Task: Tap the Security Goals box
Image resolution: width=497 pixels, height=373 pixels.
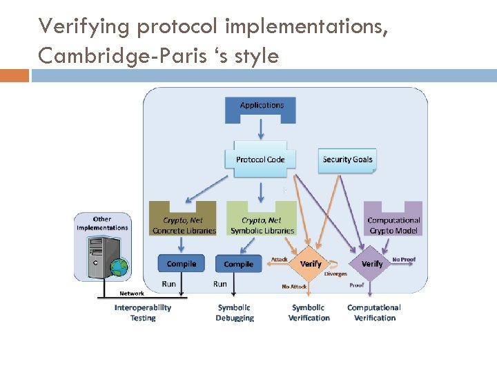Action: (x=347, y=159)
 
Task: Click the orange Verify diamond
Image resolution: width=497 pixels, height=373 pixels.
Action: (x=311, y=264)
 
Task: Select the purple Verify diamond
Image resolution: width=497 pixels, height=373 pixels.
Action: (x=372, y=264)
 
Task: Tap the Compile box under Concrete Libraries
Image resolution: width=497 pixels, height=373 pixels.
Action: (x=182, y=263)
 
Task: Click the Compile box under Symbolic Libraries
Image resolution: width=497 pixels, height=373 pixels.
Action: (x=239, y=264)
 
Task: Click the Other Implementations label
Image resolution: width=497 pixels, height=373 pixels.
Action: (x=102, y=223)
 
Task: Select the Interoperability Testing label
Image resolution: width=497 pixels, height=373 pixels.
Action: (x=143, y=313)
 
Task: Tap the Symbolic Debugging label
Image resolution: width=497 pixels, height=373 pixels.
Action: (x=235, y=313)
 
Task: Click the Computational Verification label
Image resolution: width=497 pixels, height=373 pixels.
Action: (x=374, y=313)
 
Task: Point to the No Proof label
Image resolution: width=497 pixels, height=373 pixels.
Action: (x=404, y=260)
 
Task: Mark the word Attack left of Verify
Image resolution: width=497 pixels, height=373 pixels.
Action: (x=280, y=260)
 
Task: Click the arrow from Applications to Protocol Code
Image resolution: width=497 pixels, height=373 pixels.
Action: (x=261, y=129)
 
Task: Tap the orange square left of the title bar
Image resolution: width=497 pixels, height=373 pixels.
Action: (x=14, y=75)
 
